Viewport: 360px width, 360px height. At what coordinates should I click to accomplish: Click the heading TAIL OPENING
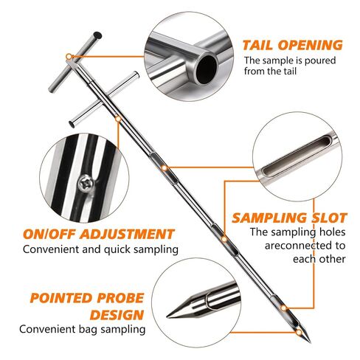click(x=292, y=45)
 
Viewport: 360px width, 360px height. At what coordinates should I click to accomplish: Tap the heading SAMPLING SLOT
click(x=289, y=218)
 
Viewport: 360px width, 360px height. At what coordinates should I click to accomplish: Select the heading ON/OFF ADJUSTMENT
click(x=99, y=234)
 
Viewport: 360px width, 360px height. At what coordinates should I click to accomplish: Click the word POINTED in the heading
click(x=61, y=298)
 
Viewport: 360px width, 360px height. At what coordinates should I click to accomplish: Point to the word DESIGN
click(x=117, y=315)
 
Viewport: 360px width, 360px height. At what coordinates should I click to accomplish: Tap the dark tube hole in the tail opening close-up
click(x=207, y=66)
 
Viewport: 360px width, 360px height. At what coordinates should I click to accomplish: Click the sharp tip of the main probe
click(x=310, y=342)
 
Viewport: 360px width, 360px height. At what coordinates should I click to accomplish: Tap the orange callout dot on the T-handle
click(x=69, y=57)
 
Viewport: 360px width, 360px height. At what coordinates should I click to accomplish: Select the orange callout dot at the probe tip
click(x=299, y=333)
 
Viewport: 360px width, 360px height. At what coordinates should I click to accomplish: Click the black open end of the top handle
click(x=97, y=35)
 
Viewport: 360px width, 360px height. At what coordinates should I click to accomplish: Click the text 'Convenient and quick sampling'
click(x=100, y=250)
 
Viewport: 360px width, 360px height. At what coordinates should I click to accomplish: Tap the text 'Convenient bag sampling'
click(x=83, y=329)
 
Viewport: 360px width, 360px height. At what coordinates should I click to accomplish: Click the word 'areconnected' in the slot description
click(x=305, y=246)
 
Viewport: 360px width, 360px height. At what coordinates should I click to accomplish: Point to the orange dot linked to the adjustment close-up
click(x=118, y=119)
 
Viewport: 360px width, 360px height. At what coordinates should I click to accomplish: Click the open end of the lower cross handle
click(x=72, y=124)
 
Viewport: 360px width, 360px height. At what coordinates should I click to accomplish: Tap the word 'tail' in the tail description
click(x=291, y=72)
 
